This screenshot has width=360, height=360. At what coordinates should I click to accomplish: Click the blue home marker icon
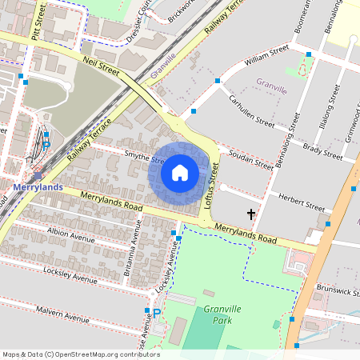point(180,172)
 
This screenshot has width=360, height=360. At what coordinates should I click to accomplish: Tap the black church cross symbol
point(251,214)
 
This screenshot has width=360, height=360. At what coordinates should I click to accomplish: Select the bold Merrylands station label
point(37,186)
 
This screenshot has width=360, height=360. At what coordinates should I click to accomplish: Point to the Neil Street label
point(101,66)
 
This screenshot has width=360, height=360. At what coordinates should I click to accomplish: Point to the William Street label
point(266,54)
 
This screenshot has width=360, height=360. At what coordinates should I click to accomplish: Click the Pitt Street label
point(34,23)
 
